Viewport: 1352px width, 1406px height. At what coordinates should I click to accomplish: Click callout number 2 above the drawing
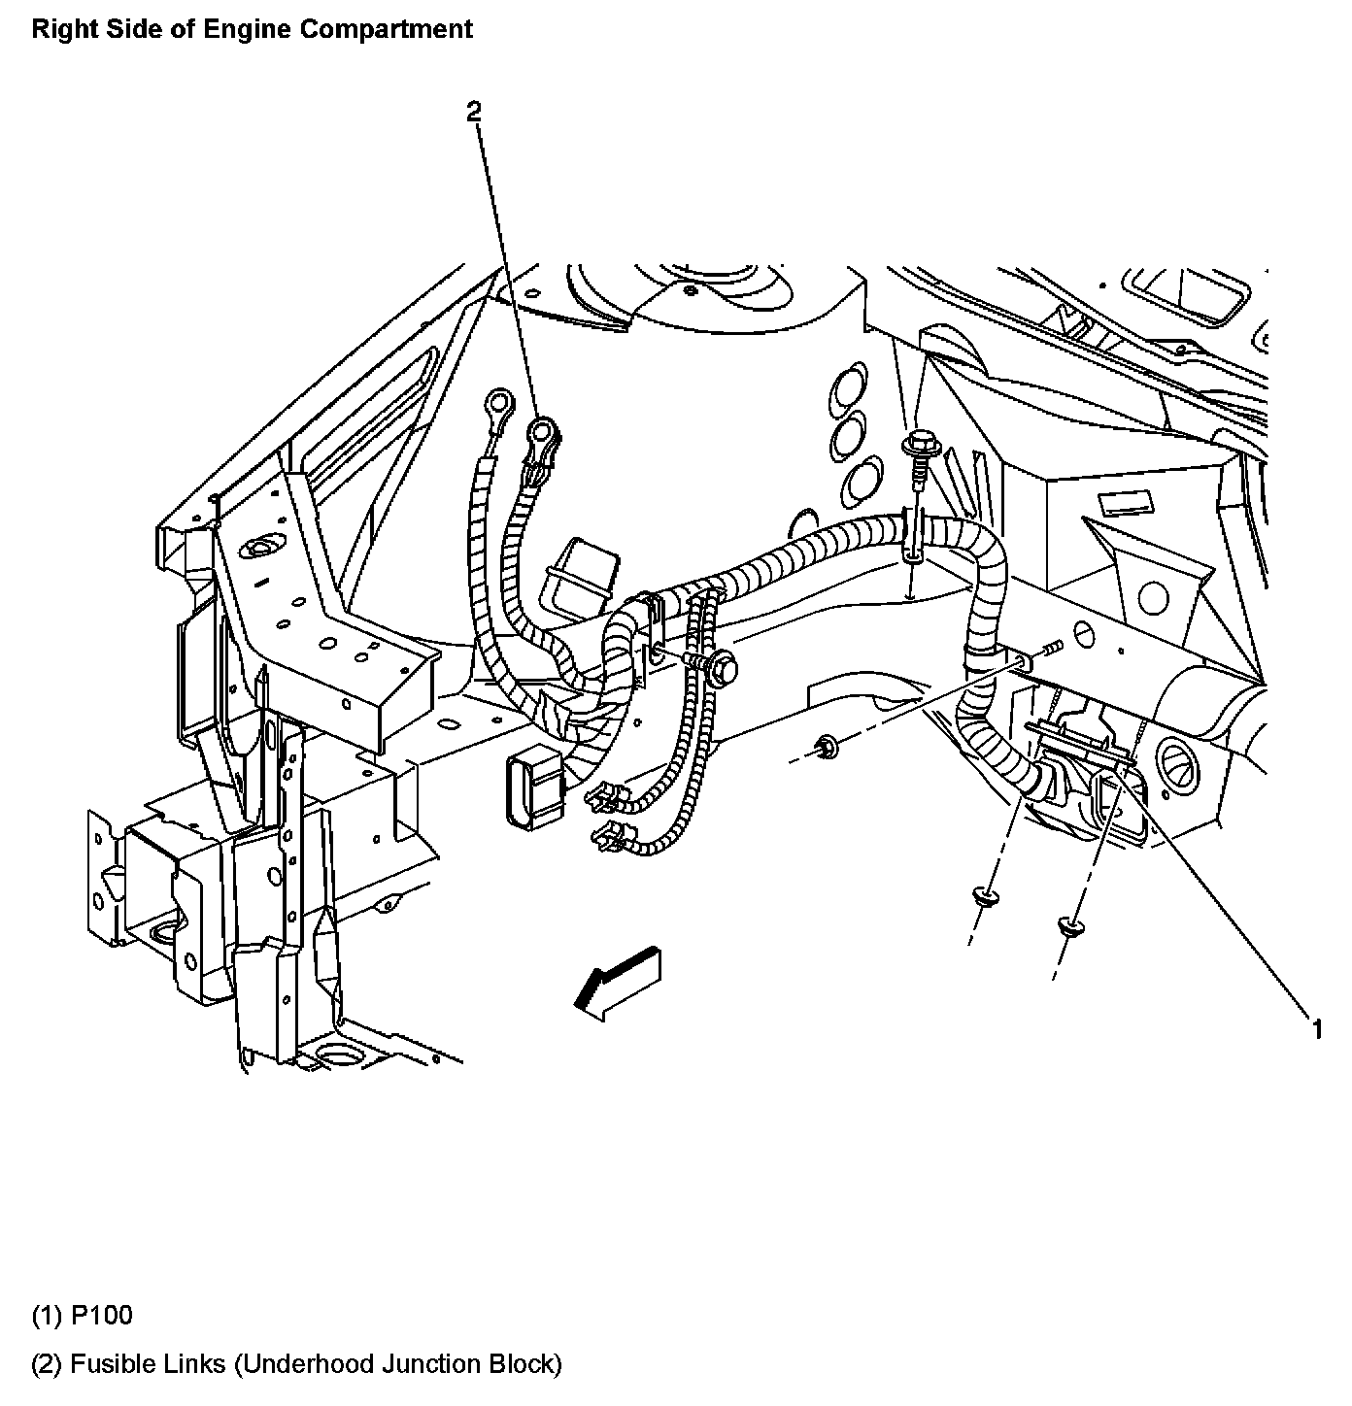[473, 114]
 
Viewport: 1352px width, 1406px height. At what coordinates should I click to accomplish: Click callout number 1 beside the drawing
[1316, 1028]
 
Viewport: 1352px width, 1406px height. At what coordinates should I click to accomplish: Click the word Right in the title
[58, 29]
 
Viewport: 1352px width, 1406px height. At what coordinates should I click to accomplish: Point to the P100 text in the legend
[103, 1316]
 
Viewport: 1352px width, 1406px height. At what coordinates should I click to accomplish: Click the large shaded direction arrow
[618, 983]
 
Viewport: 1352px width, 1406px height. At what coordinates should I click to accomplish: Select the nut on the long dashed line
[827, 747]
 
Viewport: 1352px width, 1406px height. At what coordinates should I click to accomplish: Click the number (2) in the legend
[47, 1364]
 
